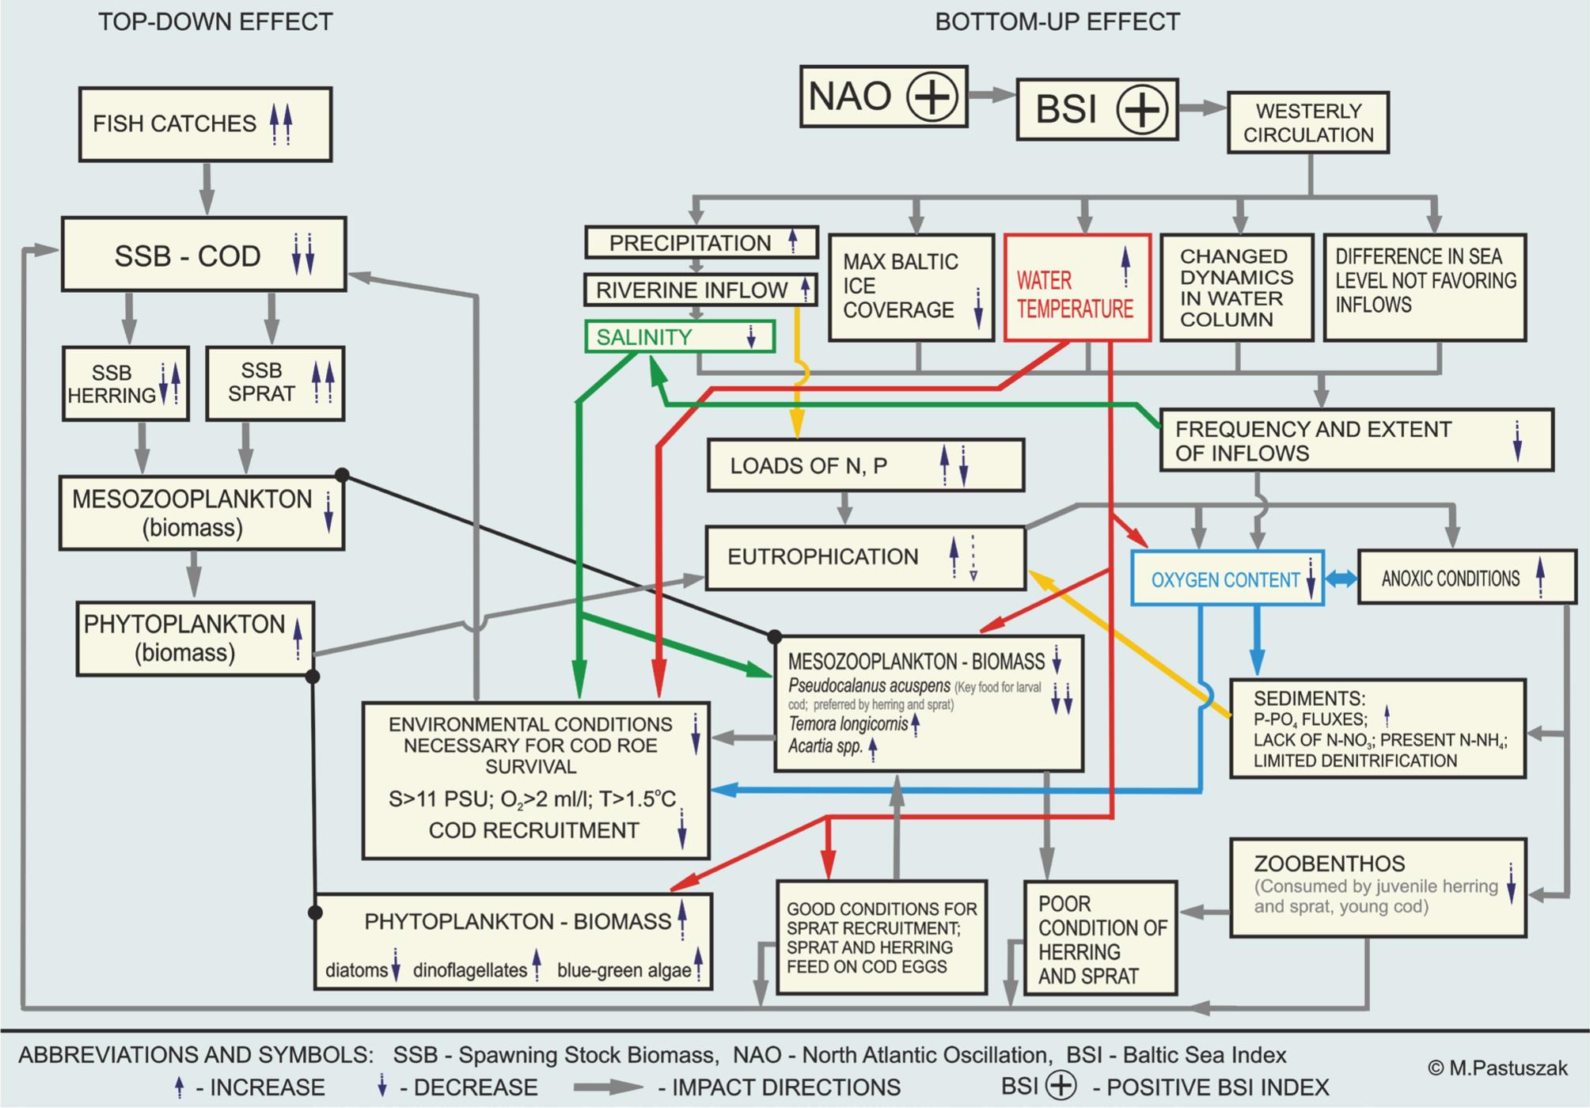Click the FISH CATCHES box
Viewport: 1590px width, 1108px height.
[205, 124]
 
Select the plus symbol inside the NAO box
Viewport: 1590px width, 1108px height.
[932, 97]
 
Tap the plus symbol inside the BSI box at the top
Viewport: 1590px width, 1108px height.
[1141, 109]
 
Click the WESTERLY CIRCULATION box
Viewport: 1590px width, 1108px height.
[1308, 123]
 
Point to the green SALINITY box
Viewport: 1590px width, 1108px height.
[679, 336]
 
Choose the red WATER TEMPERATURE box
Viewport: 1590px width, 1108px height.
[1077, 288]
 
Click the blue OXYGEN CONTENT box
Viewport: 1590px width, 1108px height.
[1227, 579]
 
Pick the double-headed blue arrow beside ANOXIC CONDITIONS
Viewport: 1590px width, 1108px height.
[1341, 579]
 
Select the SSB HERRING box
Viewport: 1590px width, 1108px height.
[126, 383]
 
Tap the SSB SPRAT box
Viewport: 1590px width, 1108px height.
[275, 383]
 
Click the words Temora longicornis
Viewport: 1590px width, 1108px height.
[848, 723]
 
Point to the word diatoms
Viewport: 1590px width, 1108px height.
[356, 970]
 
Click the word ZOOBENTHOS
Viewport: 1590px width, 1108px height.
[1329, 863]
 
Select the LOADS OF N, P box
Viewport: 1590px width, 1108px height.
[865, 465]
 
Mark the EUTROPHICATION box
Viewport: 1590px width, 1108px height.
[865, 557]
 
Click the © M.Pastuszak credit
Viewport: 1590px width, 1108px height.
[1497, 1068]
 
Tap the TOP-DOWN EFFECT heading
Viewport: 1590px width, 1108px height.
[215, 21]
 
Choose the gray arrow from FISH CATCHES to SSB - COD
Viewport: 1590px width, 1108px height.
[207, 188]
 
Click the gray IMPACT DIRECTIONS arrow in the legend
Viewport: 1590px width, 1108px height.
[608, 1087]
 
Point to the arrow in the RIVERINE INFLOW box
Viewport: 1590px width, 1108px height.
[805, 290]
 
